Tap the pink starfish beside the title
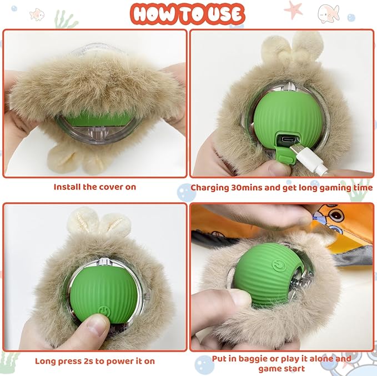tap(293, 9)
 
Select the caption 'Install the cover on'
tap(94, 187)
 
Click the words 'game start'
tap(281, 368)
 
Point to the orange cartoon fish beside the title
tap(37, 13)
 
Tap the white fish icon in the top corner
tap(329, 12)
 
